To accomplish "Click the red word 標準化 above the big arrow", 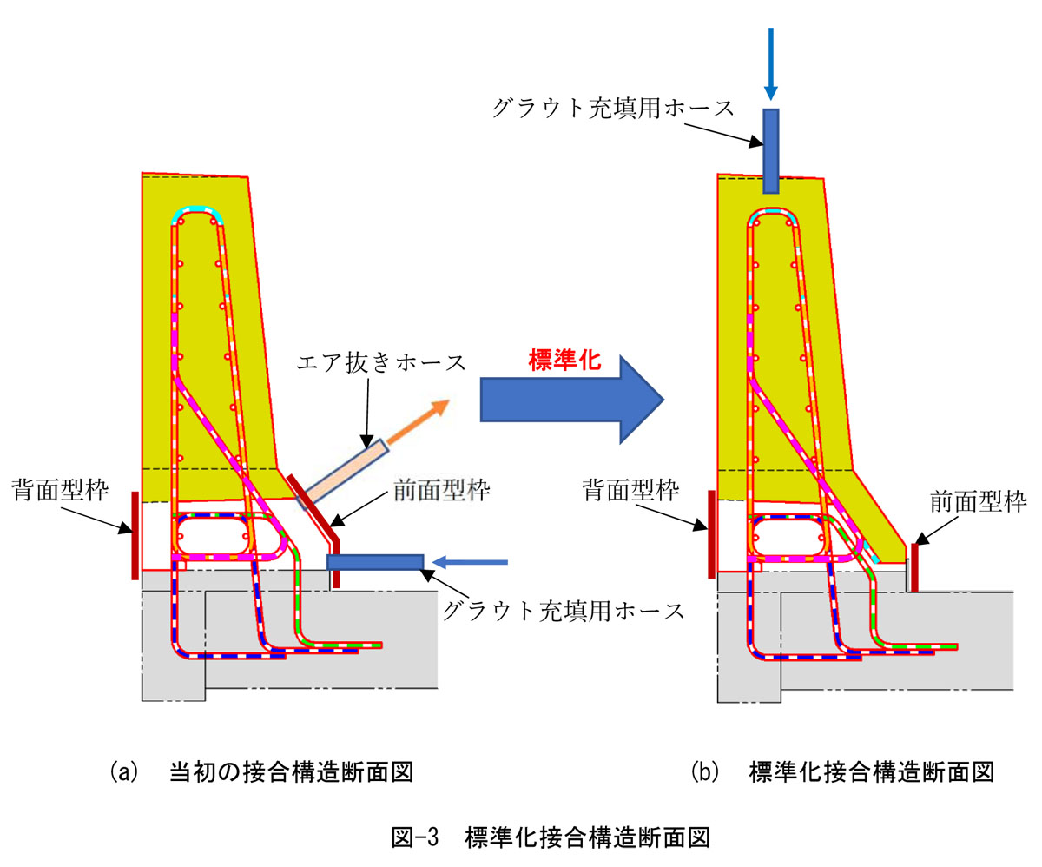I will [564, 361].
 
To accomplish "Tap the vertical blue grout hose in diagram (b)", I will [770, 150].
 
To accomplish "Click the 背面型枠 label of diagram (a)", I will [61, 491].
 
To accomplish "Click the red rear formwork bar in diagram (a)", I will [135, 534].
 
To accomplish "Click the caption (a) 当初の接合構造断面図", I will [260, 771].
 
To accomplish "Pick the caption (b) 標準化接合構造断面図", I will [841, 771].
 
